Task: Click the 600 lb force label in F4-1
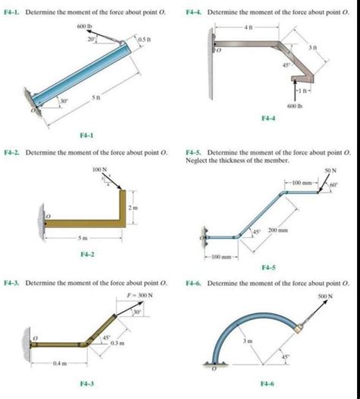83,27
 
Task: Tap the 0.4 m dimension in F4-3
58,363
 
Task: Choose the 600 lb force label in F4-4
295,106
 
